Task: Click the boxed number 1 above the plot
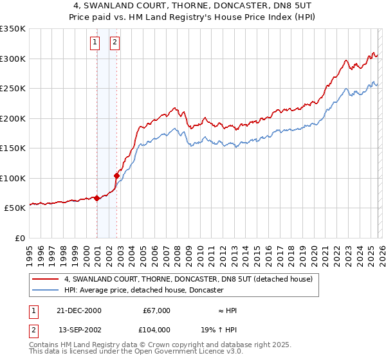tap(95, 43)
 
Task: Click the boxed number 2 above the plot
tap(115, 43)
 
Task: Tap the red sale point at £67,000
tap(96, 198)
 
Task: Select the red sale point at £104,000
tap(116, 175)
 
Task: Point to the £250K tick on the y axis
tap(13, 89)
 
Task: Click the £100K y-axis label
tap(13, 178)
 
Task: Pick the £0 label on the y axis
tap(21, 238)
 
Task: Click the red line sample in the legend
tap(46, 279)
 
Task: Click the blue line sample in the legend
tap(46, 290)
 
